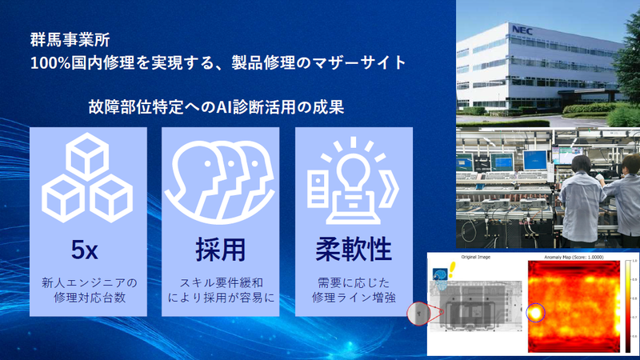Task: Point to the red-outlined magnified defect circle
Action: pos(418,314)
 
